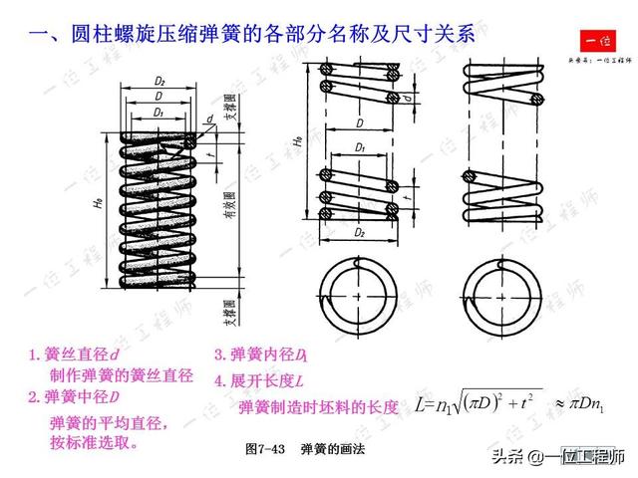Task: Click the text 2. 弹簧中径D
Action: coord(74,397)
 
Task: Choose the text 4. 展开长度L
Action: coord(258,380)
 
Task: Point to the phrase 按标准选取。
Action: coord(94,441)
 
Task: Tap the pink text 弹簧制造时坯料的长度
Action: coord(319,407)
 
